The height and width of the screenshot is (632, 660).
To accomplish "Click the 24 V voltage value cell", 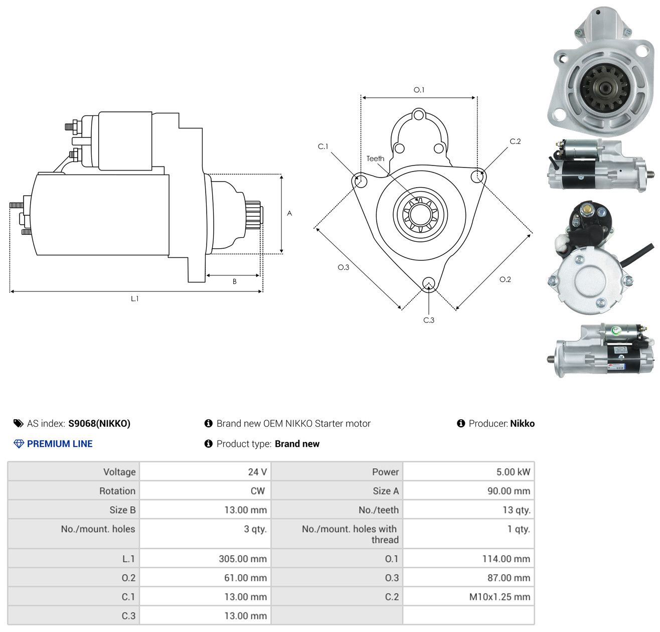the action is point(257,471).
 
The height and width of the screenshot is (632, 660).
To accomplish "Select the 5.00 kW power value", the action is point(513,471).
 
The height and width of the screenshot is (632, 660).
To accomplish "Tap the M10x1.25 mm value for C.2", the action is point(499,596).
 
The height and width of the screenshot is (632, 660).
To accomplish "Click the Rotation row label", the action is point(117,491).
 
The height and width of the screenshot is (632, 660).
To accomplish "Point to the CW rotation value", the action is point(257,491).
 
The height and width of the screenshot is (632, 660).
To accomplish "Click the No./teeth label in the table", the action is point(379,510).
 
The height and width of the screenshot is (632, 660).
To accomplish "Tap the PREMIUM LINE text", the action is point(60,444).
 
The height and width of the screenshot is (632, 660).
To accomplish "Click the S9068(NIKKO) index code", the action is point(99,423).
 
